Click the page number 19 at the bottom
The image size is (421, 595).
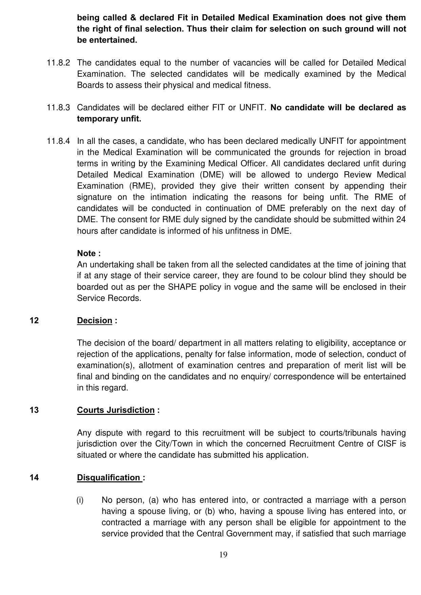[223, 555]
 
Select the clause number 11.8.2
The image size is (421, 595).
[58, 63]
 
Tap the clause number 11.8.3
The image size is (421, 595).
[58, 108]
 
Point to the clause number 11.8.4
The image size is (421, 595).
[58, 141]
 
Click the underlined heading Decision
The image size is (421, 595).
[94, 321]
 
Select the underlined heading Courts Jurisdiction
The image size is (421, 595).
[116, 410]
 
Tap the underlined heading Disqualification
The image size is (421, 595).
[109, 478]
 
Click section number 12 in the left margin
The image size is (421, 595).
[34, 321]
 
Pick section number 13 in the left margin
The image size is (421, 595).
[34, 410]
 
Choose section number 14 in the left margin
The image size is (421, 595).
[34, 478]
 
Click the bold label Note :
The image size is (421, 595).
[89, 253]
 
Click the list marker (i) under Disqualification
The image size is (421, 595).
[80, 500]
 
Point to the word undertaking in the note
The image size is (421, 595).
[111, 265]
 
